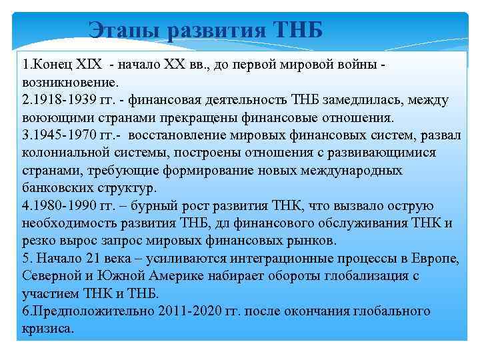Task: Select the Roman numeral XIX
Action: coord(88,65)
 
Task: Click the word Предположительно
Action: coord(86,311)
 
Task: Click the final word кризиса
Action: coord(47,328)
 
